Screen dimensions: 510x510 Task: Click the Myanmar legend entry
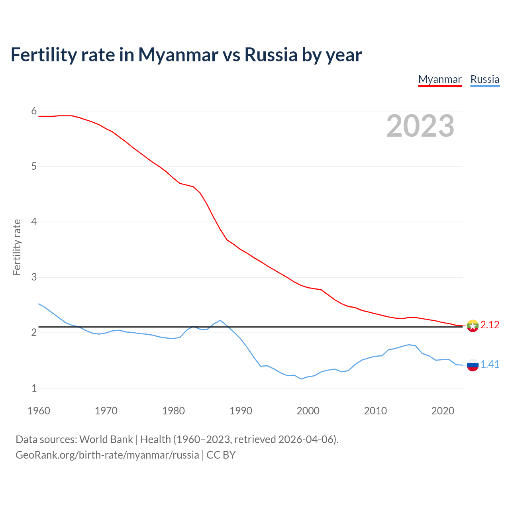pos(440,79)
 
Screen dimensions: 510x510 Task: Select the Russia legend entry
pos(484,79)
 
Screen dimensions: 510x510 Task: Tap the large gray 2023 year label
pos(420,126)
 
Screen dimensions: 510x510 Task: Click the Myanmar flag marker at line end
pos(473,326)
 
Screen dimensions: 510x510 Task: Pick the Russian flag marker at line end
pos(473,365)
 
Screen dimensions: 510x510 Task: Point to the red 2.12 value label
pos(490,325)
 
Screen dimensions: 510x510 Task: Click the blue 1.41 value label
pos(490,365)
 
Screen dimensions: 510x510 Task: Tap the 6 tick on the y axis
pos(34,111)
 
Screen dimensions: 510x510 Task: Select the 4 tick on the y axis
pos(34,222)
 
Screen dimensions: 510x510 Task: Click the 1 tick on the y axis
pos(34,388)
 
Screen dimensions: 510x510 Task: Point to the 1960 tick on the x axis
pos(39,411)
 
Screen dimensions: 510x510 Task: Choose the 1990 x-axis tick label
pos(241,411)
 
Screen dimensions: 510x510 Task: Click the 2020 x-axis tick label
pos(443,411)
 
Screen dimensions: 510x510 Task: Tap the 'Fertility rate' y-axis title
pos(17,247)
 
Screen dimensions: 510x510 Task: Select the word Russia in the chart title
pos(271,55)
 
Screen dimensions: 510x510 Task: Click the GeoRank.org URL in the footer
pos(107,455)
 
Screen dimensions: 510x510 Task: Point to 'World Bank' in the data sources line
pos(106,439)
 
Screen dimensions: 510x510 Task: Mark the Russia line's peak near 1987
pos(220,320)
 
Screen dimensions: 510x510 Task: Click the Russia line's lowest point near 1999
pos(301,379)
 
